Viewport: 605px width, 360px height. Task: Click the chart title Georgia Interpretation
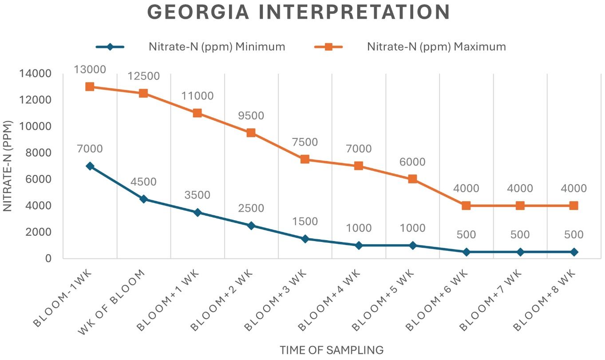pyautogui.click(x=298, y=12)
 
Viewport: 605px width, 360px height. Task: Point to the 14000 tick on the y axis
pyautogui.click(x=40, y=74)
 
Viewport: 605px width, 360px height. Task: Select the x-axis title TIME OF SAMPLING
pyautogui.click(x=332, y=350)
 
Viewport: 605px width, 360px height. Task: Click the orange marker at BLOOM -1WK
pyautogui.click(x=90, y=87)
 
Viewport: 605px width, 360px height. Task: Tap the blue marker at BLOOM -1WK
pyautogui.click(x=90, y=166)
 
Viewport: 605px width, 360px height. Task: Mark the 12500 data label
pyautogui.click(x=143, y=76)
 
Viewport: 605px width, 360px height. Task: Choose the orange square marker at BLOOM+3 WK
pyautogui.click(x=305, y=159)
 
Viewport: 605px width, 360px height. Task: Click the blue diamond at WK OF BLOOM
pyautogui.click(x=143, y=199)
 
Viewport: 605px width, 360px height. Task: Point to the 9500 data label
pyautogui.click(x=251, y=116)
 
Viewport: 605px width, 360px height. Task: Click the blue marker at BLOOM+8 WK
pyautogui.click(x=574, y=252)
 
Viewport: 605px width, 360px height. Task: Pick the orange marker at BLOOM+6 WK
pyautogui.click(x=466, y=206)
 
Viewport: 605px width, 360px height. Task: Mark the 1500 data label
pyautogui.click(x=305, y=222)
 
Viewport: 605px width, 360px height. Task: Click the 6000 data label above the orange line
pyautogui.click(x=412, y=162)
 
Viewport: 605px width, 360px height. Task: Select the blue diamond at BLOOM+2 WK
pyautogui.click(x=251, y=225)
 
